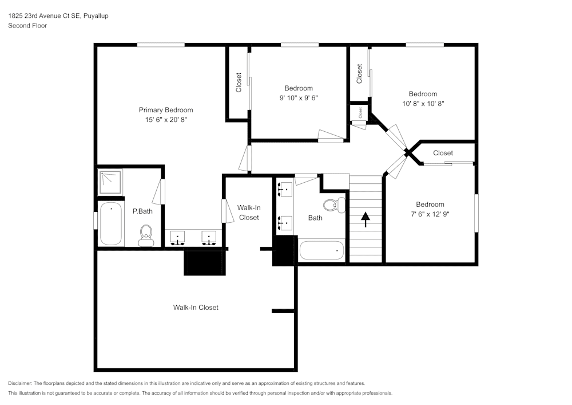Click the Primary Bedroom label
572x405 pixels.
coord(166,110)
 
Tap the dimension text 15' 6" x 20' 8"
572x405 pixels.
coord(166,120)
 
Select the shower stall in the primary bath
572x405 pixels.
coord(110,182)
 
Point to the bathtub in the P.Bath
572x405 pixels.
coord(111,224)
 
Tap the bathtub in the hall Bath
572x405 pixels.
coord(322,250)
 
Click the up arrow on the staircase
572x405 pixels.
coord(366,219)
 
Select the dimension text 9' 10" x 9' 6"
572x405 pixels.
coord(299,98)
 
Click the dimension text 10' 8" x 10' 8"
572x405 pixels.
coord(423,104)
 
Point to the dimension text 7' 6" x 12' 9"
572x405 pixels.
coord(430,214)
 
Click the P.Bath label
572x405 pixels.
coord(142,211)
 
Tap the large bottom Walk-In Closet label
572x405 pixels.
coord(196,308)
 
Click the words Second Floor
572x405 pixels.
coord(27,26)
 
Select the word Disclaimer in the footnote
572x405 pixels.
coord(20,383)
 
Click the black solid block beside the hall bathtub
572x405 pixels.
coord(285,251)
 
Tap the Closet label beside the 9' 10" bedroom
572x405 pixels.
coord(239,82)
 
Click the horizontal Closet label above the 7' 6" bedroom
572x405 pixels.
coord(443,153)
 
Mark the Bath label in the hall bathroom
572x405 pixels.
coord(315,218)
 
